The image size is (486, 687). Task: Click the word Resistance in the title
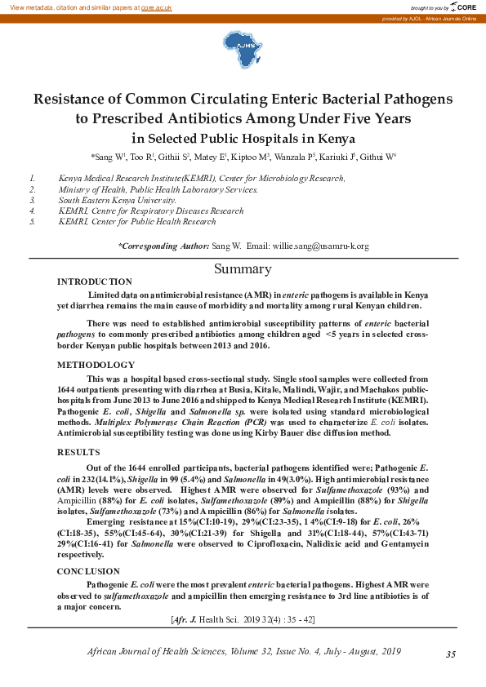tap(72, 99)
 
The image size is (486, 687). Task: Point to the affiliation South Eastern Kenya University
tap(117, 200)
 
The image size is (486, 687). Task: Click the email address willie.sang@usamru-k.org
tap(320, 246)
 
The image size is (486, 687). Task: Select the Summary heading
tap(243, 269)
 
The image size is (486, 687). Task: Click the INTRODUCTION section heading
tap(94, 281)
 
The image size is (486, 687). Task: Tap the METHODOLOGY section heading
tap(96, 365)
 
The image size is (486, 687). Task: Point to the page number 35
tap(451, 654)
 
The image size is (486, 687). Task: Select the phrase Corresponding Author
tap(163, 246)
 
